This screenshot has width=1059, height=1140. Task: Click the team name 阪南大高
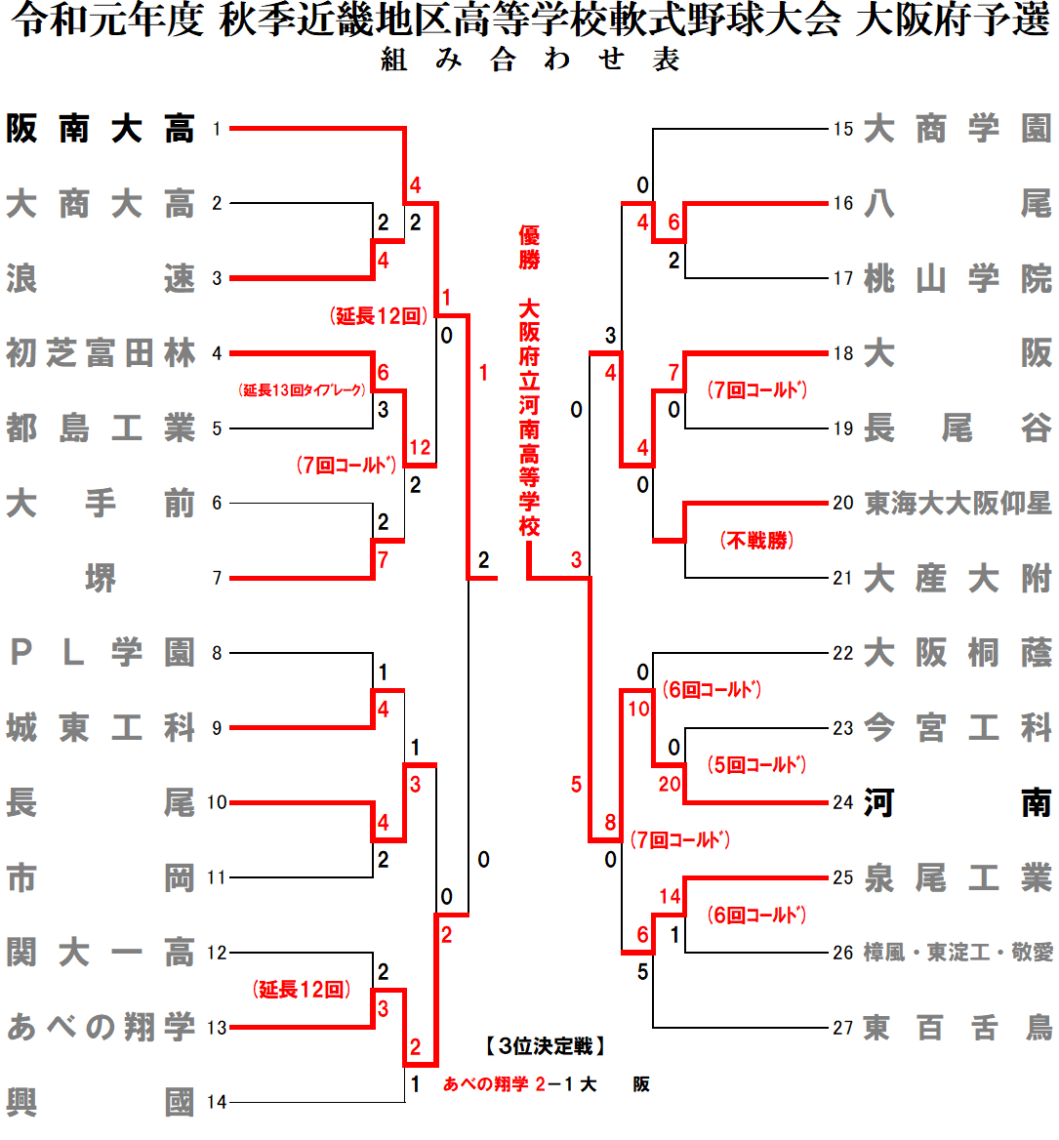tap(101, 129)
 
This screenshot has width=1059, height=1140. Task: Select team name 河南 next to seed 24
tap(957, 803)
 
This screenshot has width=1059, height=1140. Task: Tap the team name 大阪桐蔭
tap(957, 653)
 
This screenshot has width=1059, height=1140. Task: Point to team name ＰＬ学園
tap(101, 653)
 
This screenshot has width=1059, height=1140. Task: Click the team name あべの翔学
tap(101, 1028)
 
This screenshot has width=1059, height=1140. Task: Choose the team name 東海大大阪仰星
tap(957, 504)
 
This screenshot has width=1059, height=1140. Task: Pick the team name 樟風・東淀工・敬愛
tap(957, 953)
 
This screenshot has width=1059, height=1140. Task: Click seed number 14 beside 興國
tap(217, 1103)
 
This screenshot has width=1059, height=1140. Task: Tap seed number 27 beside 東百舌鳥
tap(843, 1028)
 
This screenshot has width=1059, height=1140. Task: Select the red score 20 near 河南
tap(670, 785)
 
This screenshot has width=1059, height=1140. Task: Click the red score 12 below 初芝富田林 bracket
tap(420, 448)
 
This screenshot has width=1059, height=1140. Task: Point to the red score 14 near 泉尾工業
tap(670, 897)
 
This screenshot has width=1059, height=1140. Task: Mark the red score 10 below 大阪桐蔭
tap(638, 710)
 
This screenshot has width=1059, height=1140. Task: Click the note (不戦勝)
tap(756, 541)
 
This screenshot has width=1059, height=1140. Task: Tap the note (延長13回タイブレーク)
tap(303, 390)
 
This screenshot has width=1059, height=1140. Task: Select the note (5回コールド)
tap(756, 765)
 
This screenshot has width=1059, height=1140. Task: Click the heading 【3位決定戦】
tap(546, 1047)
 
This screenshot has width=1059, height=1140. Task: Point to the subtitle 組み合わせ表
tap(530, 61)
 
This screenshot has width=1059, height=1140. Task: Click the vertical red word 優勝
tap(529, 247)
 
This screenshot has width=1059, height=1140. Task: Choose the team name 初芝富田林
tap(101, 353)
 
